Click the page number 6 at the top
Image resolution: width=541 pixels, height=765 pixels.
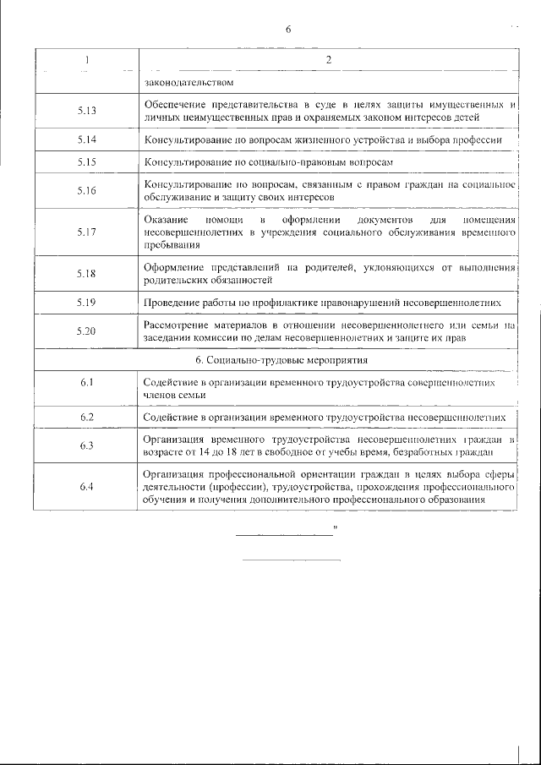pos(287,30)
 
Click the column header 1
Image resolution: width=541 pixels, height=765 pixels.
pos(86,59)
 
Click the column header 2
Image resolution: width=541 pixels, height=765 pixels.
pos(328,59)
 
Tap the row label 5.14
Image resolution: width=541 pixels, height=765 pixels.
pos(86,139)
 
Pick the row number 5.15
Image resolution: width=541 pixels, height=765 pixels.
pos(86,161)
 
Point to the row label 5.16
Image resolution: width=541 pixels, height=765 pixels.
pos(86,190)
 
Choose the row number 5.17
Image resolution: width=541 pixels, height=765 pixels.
pos(86,232)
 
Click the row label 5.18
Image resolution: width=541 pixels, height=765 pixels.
pos(86,273)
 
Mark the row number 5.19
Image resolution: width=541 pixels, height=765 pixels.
pos(86,301)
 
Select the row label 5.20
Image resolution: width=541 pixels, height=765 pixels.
pos(86,331)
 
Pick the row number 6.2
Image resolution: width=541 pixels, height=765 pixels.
pos(86,417)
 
